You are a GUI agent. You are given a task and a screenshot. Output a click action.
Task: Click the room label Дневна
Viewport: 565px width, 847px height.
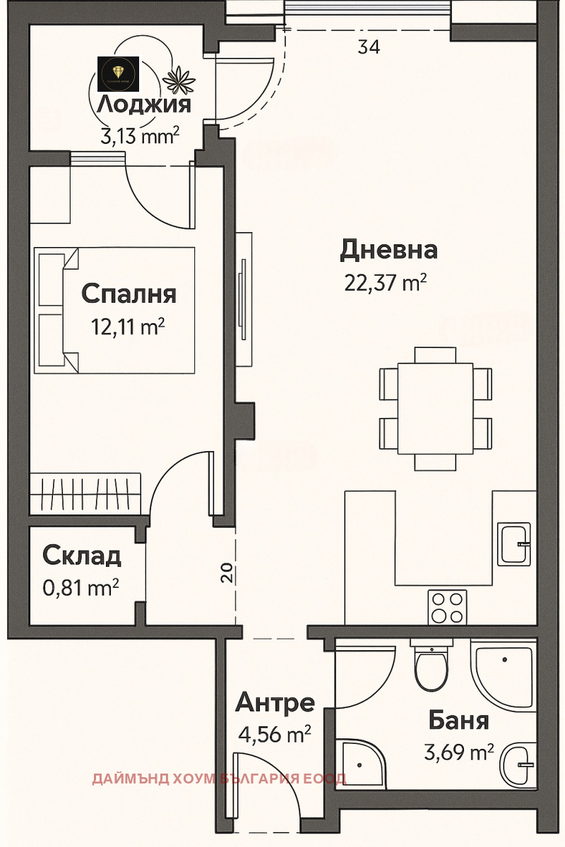tap(388, 251)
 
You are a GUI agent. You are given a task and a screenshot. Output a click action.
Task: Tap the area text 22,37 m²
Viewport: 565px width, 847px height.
tap(385, 282)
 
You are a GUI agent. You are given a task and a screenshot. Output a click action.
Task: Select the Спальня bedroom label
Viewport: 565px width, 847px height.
tap(129, 294)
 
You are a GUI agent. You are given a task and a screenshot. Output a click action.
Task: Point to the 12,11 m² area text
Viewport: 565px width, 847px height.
tap(128, 326)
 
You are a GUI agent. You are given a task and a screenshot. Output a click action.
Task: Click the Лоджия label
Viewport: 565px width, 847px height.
tap(143, 104)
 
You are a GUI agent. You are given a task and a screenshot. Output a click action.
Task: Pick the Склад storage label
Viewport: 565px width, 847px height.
tap(82, 556)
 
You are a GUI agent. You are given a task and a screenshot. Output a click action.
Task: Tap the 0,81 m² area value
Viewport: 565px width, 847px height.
tap(81, 587)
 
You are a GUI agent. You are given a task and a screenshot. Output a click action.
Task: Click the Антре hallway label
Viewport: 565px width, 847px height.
tap(275, 702)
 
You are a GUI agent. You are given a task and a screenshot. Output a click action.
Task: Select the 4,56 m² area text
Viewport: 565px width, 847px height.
tap(274, 734)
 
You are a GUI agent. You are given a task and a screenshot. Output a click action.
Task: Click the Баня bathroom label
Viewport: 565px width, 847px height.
tap(458, 720)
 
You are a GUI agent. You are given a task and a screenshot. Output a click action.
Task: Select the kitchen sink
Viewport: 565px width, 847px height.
tap(514, 544)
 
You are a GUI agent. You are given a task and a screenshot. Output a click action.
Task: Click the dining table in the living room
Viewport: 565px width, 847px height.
tap(435, 409)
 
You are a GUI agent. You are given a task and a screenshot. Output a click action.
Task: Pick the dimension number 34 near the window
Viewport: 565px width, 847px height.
tap(369, 47)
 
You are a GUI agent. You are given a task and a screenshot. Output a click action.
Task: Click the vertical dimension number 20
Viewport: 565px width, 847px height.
tap(226, 572)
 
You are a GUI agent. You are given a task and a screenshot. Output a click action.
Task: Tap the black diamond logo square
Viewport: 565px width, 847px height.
tap(119, 74)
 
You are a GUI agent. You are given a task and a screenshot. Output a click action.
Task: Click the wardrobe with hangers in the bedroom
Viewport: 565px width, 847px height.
tap(85, 493)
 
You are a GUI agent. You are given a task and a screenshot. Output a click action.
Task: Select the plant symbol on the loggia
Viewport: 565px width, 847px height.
tap(179, 80)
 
